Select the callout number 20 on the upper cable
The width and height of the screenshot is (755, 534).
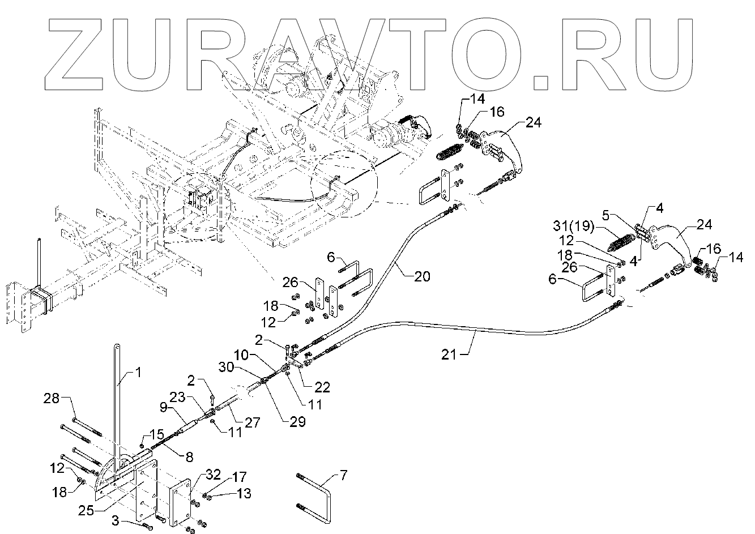(422, 276)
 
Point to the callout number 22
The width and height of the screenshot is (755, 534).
(323, 387)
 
